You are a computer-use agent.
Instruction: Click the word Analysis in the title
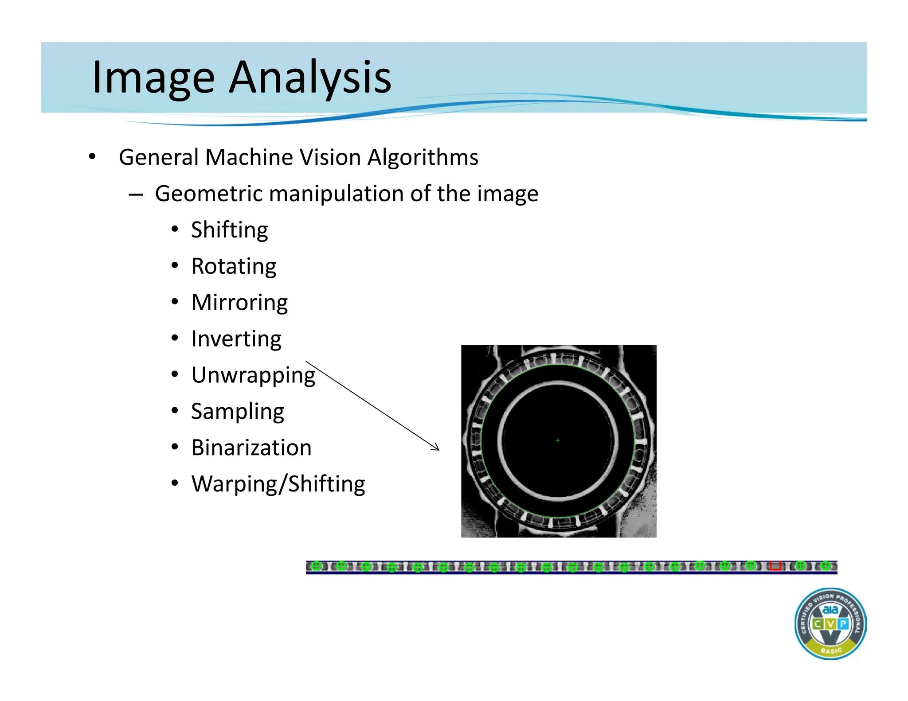point(310,78)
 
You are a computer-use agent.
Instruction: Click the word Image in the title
point(153,78)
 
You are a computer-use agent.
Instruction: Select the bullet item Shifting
point(229,230)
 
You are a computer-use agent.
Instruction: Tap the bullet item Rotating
point(234,266)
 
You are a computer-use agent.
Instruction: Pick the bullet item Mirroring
point(239,303)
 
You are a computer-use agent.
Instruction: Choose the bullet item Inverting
point(236,339)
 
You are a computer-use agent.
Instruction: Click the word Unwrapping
point(253,375)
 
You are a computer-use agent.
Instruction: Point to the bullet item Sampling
point(237,412)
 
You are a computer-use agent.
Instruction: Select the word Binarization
point(251,448)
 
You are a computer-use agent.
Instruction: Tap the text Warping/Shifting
point(278,484)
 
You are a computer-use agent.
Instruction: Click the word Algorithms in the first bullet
point(423,157)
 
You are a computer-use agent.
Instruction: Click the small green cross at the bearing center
point(558,440)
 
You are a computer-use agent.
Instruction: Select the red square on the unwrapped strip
point(775,566)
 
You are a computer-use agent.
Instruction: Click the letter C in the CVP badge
point(817,624)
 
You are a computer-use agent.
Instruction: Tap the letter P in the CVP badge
point(843,624)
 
